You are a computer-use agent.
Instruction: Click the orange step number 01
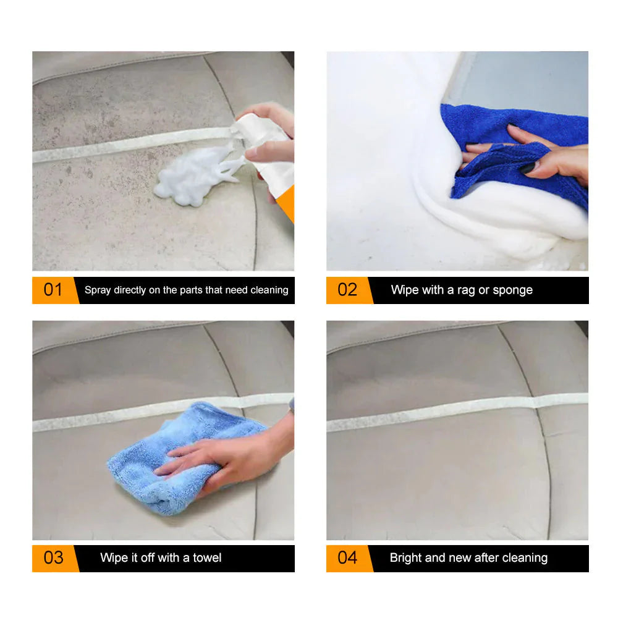tap(53, 290)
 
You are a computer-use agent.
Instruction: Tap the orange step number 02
tap(347, 290)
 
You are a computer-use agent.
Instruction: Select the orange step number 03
tap(53, 557)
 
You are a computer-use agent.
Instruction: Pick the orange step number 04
tap(347, 557)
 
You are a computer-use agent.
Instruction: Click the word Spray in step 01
tap(98, 290)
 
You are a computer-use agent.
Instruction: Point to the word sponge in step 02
tap(512, 290)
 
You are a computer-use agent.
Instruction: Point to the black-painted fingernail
tap(526, 167)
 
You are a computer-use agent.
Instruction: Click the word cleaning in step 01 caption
tap(269, 290)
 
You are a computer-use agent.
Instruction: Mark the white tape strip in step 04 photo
tap(457, 415)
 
